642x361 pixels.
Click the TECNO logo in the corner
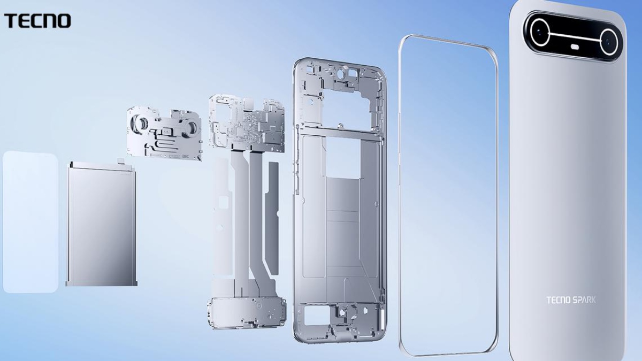(37, 21)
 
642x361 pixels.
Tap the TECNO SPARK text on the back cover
(571, 300)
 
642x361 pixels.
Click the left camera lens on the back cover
(540, 33)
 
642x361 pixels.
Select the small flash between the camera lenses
(575, 47)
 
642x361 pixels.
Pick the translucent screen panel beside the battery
(30, 222)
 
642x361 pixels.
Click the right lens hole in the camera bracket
(192, 126)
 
